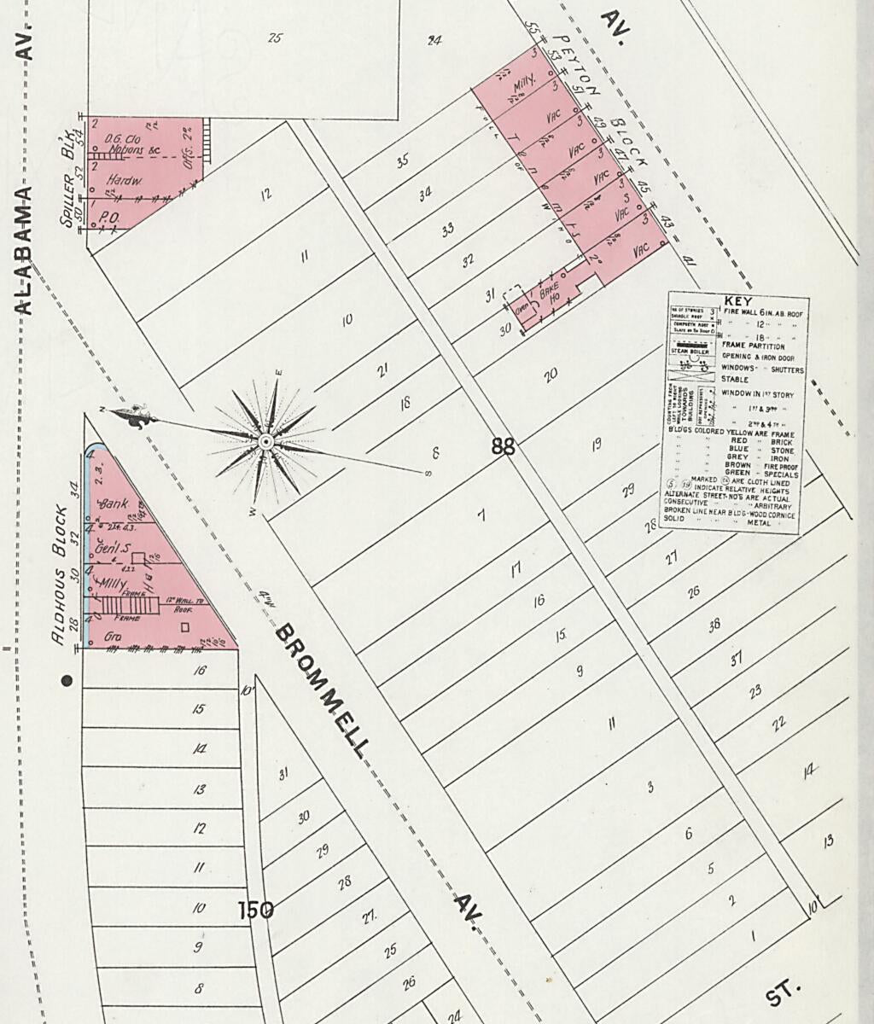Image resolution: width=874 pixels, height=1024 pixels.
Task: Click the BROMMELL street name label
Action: pyautogui.click(x=323, y=690)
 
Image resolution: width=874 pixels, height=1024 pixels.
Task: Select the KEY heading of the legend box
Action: pyautogui.click(x=737, y=300)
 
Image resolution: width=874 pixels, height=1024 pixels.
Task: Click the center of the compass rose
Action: pyautogui.click(x=265, y=441)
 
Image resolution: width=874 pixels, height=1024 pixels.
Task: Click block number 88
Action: pyautogui.click(x=504, y=445)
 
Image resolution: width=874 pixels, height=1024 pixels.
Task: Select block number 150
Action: pyautogui.click(x=255, y=910)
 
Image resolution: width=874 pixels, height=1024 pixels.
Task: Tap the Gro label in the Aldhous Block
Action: pyautogui.click(x=111, y=637)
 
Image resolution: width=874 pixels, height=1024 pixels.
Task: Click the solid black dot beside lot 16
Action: pyautogui.click(x=67, y=680)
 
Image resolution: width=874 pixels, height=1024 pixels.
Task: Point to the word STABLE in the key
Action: pyautogui.click(x=736, y=379)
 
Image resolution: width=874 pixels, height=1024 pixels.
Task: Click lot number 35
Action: pyautogui.click(x=402, y=160)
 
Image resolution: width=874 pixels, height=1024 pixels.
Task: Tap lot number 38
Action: pyautogui.click(x=714, y=624)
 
